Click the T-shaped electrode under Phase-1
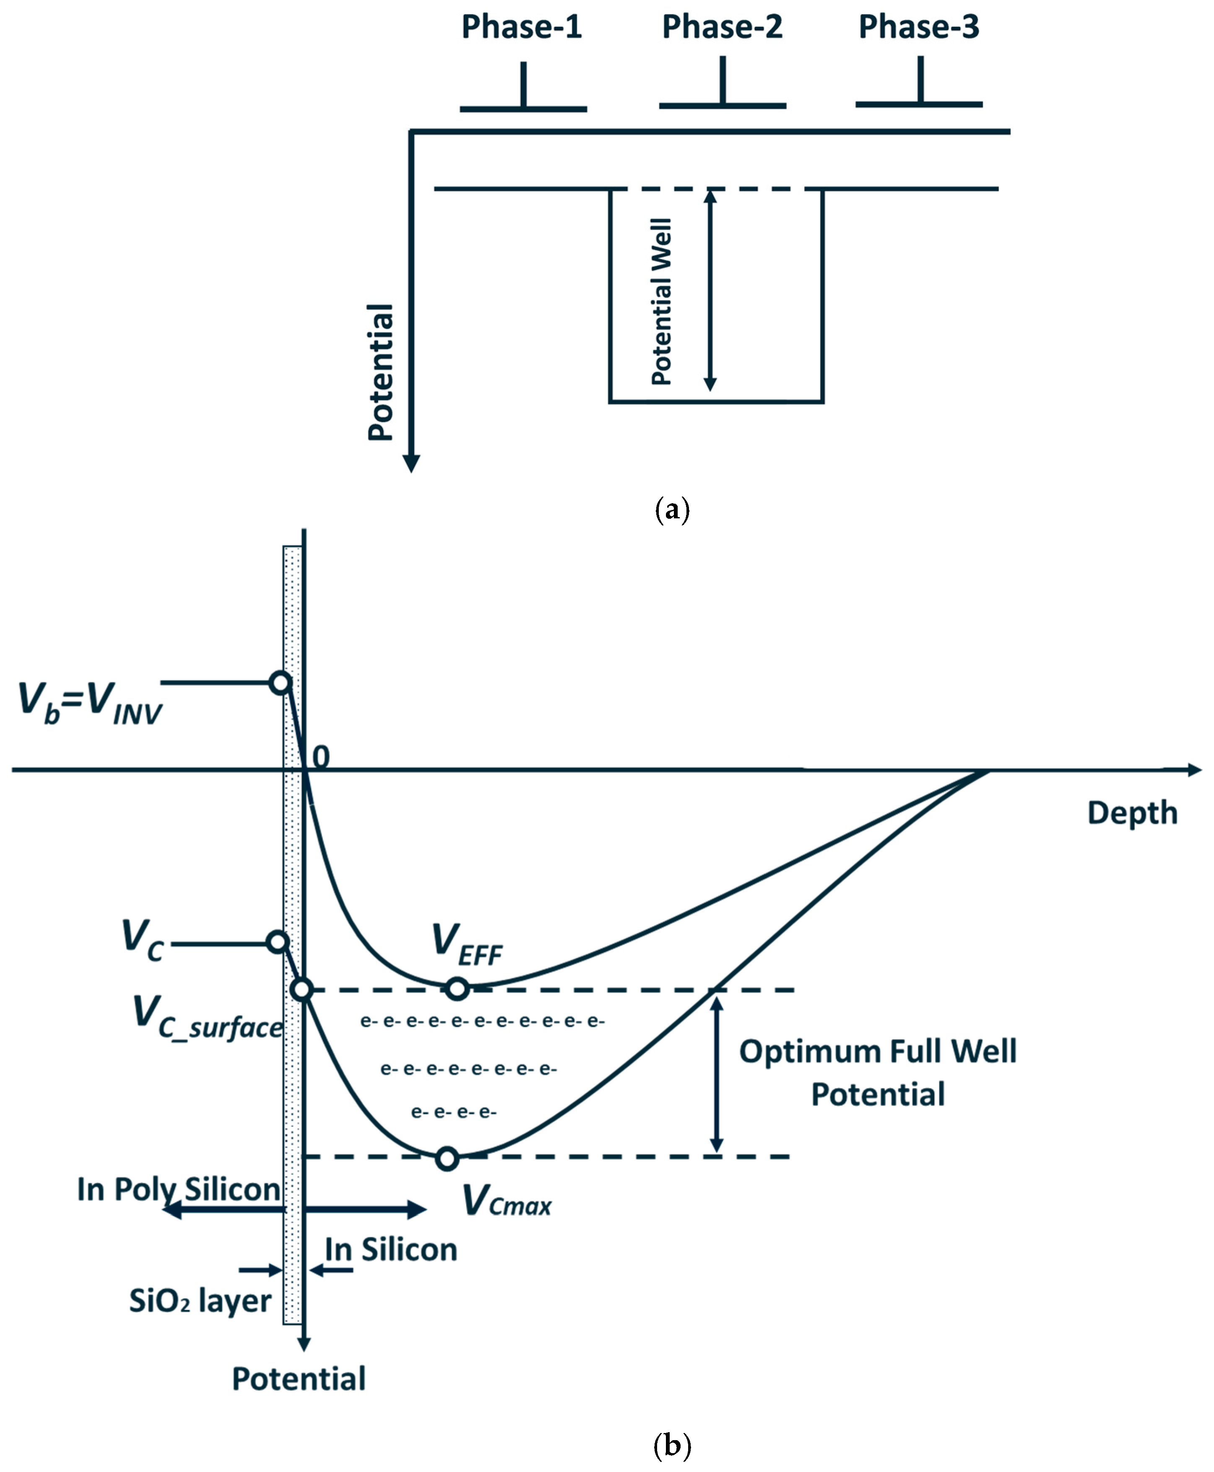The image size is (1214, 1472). (523, 91)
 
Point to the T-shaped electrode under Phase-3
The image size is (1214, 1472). (920, 87)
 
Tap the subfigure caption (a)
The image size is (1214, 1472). (672, 510)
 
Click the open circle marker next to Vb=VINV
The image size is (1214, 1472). (281, 682)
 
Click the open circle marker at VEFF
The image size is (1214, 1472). (458, 989)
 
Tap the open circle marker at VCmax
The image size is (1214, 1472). (447, 1159)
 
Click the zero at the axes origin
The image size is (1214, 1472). (320, 757)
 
